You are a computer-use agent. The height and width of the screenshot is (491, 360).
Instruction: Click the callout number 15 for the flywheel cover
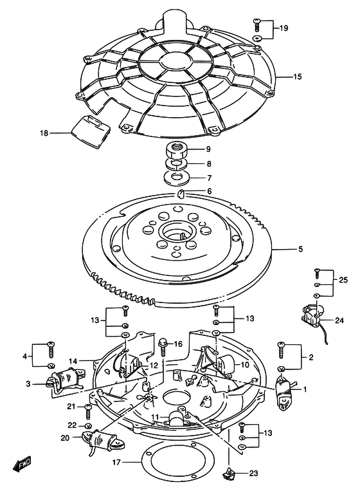(x=298, y=77)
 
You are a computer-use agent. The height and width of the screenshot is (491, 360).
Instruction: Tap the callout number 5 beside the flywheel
(x=300, y=249)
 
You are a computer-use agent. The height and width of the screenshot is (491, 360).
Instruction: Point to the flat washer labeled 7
(x=176, y=177)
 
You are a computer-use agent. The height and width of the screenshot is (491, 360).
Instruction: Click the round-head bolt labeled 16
(x=163, y=346)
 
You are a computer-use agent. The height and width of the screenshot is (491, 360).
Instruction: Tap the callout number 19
(x=283, y=28)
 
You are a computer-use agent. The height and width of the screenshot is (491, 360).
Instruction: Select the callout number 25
(x=343, y=280)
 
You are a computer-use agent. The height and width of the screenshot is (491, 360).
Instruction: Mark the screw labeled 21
(x=88, y=411)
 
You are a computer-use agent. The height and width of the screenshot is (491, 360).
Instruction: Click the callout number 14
(x=73, y=361)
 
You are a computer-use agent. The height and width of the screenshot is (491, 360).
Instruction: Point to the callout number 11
(x=155, y=417)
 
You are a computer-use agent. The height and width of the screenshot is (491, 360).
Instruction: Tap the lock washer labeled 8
(x=176, y=163)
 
